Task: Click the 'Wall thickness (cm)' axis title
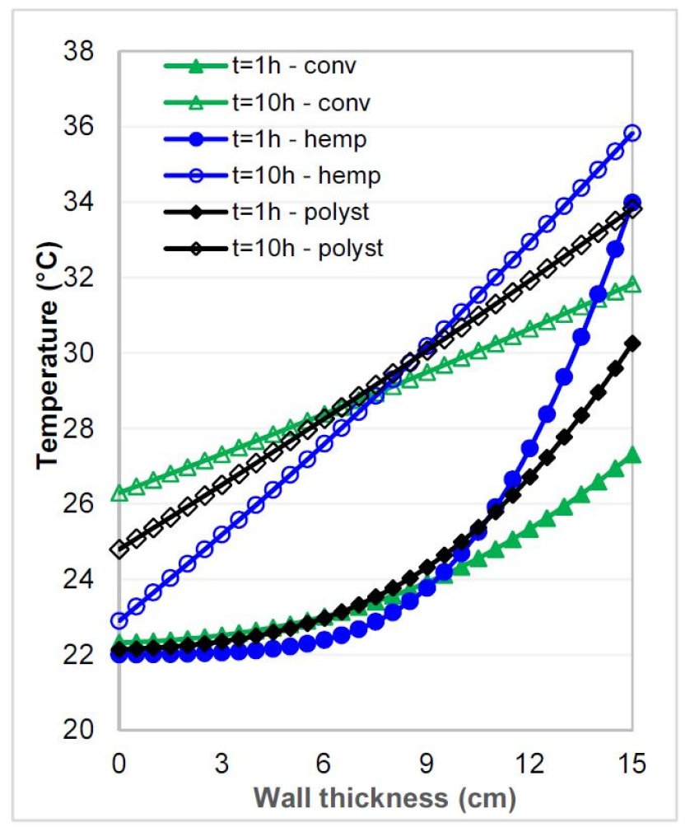385,798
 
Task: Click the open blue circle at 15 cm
632,133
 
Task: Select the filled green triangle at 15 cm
632,456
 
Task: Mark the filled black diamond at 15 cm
632,344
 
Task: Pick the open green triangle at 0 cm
119,493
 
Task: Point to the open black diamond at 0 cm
119,549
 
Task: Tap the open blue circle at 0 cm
119,620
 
